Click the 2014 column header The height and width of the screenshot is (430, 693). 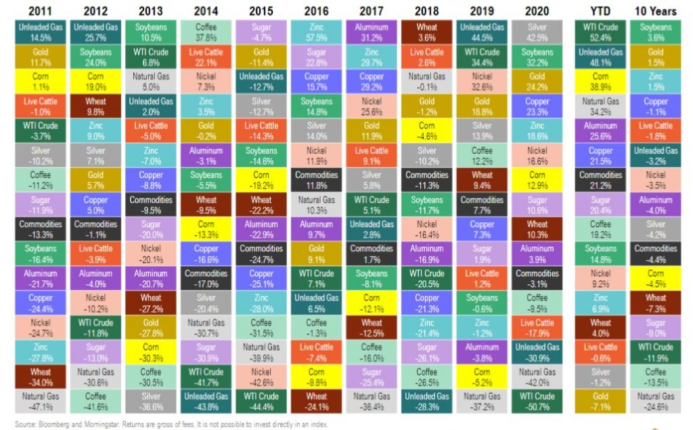tap(206, 10)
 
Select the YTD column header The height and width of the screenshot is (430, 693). tap(600, 10)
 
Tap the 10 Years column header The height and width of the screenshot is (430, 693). tap(654, 10)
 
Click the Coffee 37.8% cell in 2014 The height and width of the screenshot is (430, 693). tap(206, 31)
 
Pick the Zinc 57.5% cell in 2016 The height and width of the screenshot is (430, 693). tap(317, 31)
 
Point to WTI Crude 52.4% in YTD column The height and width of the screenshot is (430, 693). tap(600, 31)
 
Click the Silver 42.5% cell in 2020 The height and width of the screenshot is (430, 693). tap(537, 31)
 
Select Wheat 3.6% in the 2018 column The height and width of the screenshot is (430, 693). tap(426, 31)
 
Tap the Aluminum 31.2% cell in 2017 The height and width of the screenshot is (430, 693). tap(372, 31)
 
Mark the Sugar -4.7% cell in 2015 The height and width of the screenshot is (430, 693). tap(261, 31)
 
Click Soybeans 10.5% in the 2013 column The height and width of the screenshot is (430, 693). tap(150, 31)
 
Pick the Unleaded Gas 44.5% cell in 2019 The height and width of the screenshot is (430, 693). tap(482, 31)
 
